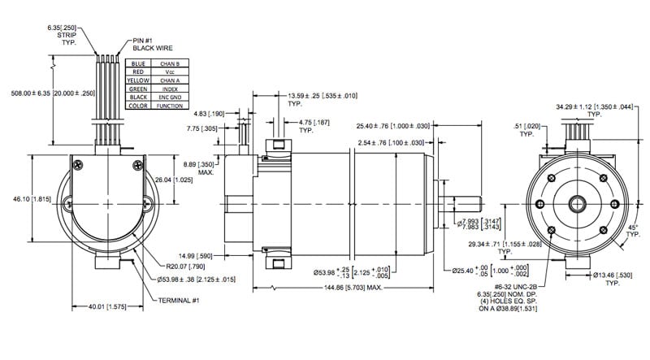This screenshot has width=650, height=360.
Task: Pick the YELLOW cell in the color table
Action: coord(137,81)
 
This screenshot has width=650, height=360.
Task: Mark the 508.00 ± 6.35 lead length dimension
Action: coord(50,92)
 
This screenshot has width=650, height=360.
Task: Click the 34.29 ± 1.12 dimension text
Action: coord(593,106)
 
